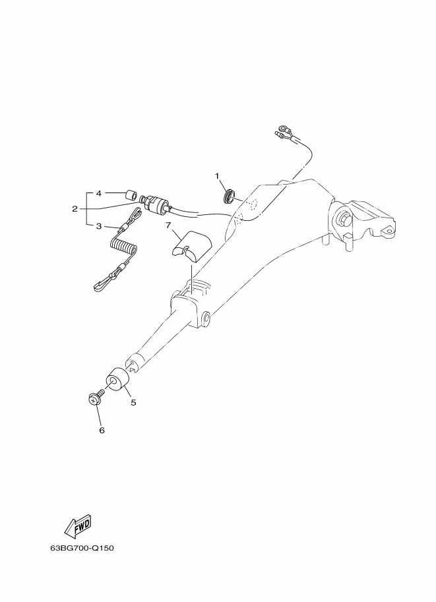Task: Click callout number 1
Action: [216, 176]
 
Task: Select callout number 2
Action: [75, 209]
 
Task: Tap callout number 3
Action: [99, 226]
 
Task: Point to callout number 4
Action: [99, 193]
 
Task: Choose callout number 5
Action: [133, 402]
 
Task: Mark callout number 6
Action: [102, 431]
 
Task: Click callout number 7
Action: [168, 226]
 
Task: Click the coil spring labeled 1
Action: [229, 196]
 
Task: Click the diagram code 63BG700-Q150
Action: [82, 548]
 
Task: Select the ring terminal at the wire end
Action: [283, 127]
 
